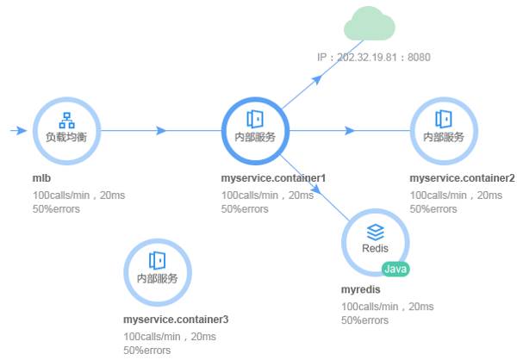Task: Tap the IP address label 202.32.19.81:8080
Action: (373, 58)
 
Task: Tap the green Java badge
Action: (395, 269)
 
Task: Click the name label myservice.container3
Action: (176, 320)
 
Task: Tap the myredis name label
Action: (360, 289)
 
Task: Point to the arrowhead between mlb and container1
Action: (161, 130)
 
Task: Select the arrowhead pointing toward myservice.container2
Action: (349, 130)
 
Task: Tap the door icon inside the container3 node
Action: (157, 260)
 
